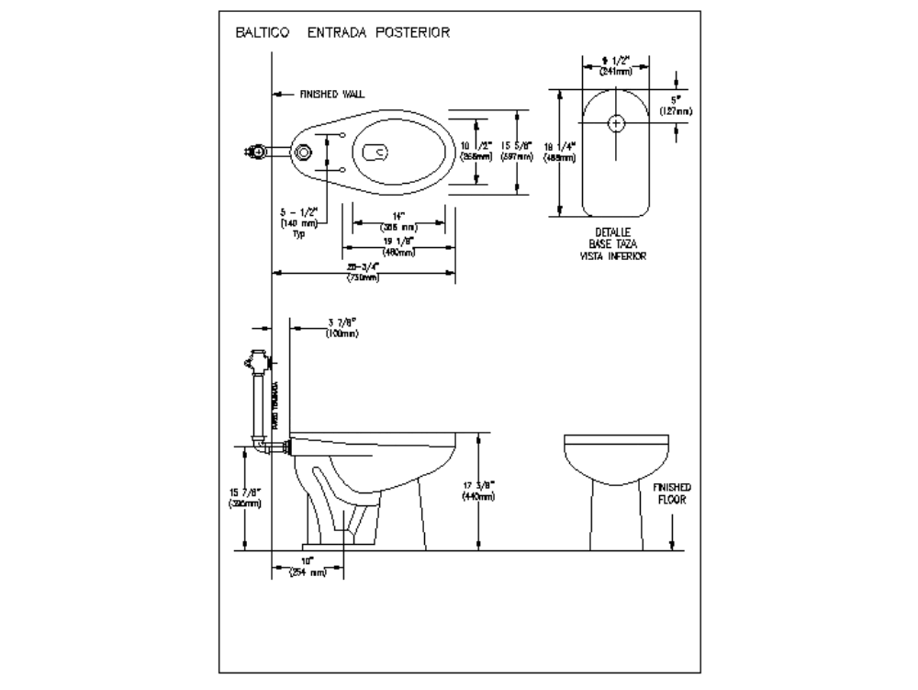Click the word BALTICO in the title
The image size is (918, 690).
pos(263,32)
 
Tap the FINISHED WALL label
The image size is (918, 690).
pos(332,94)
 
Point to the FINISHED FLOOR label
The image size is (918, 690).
pos(672,494)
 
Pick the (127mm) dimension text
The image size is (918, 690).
pos(676,111)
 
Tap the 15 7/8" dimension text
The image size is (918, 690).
pos(246,492)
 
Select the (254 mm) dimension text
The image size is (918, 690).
pos(308,572)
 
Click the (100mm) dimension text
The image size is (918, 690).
pos(341,334)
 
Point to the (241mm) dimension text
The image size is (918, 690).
pos(614,71)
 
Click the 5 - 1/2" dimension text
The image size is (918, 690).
pos(298,211)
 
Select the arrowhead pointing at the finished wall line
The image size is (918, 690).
pos(276,94)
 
